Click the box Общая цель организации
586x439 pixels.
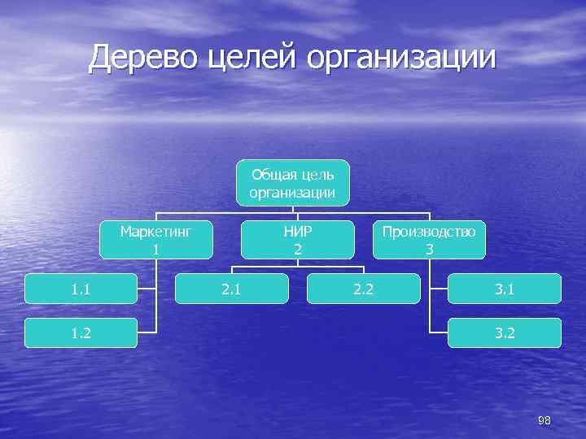(x=293, y=182)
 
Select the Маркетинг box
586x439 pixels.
(x=155, y=240)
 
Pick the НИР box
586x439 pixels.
(x=298, y=240)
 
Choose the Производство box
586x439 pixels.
(x=429, y=240)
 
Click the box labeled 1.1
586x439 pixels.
(x=80, y=288)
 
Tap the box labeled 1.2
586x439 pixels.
(x=80, y=333)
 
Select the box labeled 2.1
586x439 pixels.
(x=232, y=288)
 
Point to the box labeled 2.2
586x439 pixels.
(x=363, y=288)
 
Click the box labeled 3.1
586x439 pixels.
(x=504, y=288)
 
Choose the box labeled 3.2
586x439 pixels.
(x=504, y=333)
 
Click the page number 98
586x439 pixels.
(x=544, y=420)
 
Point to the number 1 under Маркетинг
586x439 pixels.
(x=155, y=250)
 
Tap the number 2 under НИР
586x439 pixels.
(x=298, y=250)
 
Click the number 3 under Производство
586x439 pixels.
(x=429, y=250)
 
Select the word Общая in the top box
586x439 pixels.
(x=272, y=174)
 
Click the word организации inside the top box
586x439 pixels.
(x=293, y=192)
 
